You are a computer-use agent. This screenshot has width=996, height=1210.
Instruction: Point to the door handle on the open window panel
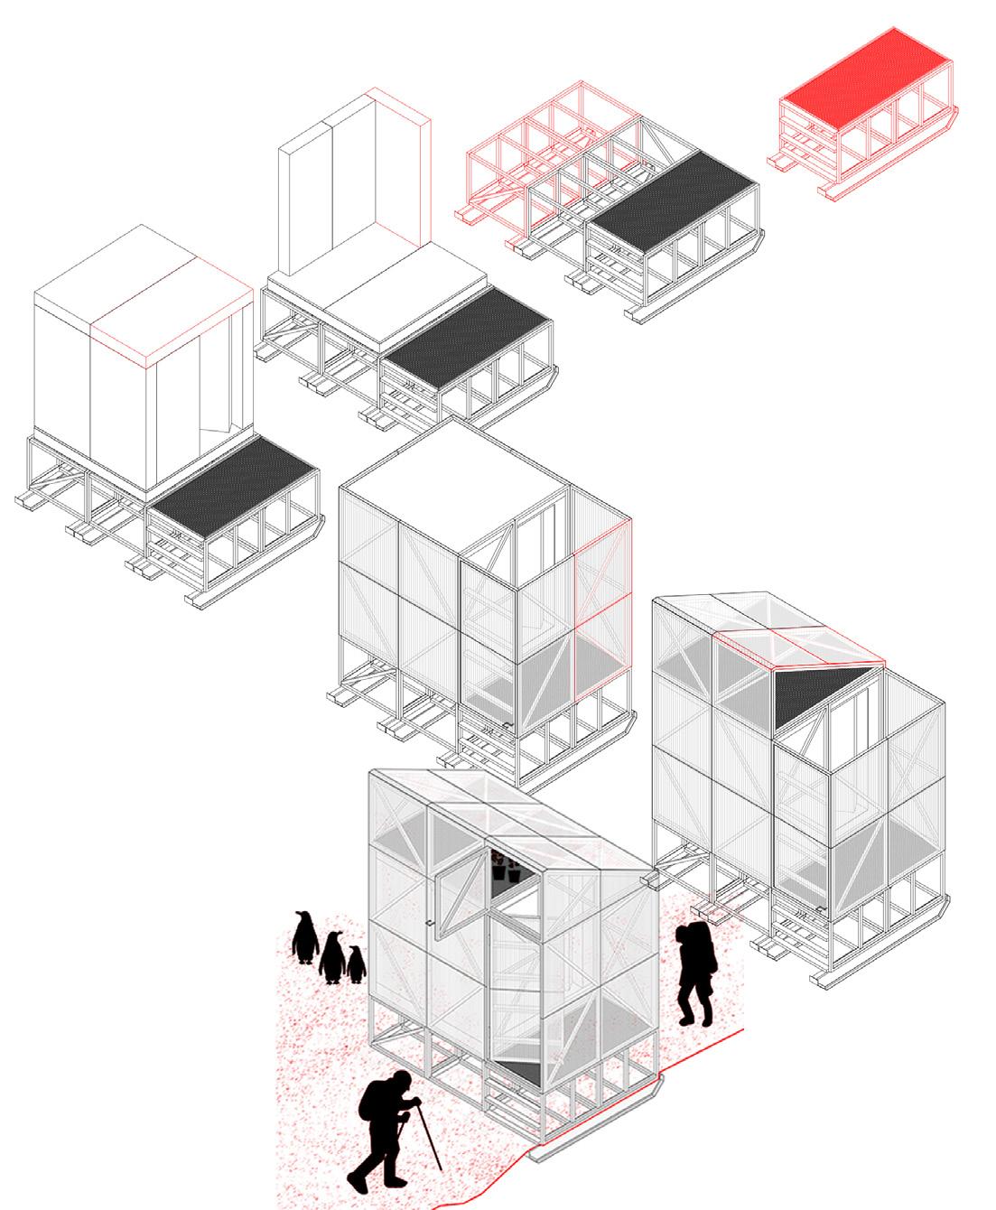(x=432, y=923)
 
